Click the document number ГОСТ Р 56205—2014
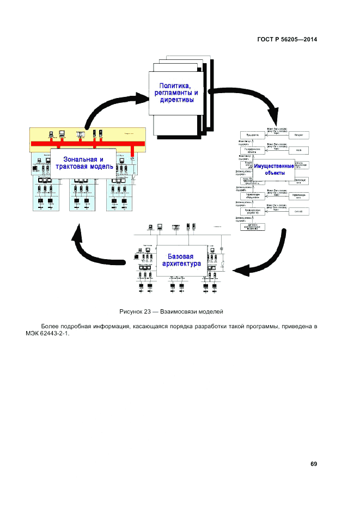tap(286, 39)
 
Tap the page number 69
tap(314, 464)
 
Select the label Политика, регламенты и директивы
tap(174, 93)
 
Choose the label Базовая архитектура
tap(181, 260)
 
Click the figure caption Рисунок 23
tap(137, 311)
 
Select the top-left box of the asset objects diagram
tap(252, 134)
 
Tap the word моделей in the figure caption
tap(213, 311)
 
